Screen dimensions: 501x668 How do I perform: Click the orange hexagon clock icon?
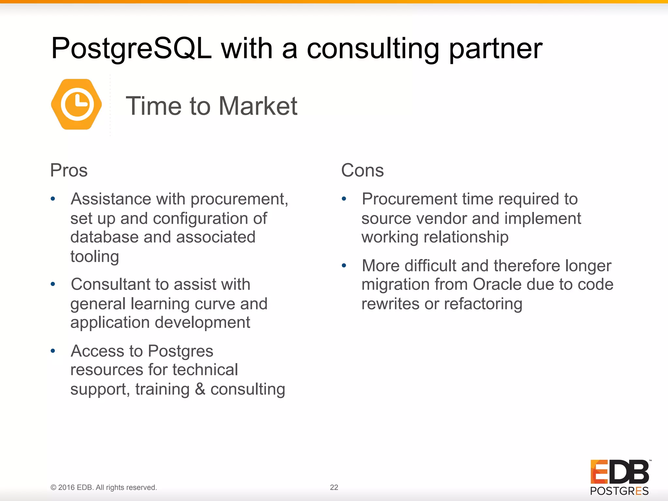(x=77, y=104)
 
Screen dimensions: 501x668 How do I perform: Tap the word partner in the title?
(x=495, y=49)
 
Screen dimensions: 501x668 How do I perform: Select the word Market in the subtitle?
(x=258, y=106)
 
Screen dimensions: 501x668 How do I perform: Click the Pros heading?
(x=69, y=170)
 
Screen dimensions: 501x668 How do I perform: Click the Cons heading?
(x=362, y=170)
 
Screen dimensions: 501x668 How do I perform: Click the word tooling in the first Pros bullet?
(x=95, y=257)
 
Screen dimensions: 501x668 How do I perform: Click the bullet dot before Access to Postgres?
(x=53, y=351)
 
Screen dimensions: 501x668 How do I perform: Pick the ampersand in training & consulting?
(x=200, y=389)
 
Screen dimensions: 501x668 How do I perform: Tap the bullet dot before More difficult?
(x=344, y=266)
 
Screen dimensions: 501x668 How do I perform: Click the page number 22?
(x=334, y=487)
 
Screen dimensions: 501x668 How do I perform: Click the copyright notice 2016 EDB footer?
(x=104, y=487)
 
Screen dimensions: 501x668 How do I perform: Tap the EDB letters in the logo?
(x=620, y=472)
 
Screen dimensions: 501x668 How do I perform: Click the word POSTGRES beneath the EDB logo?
(x=619, y=491)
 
